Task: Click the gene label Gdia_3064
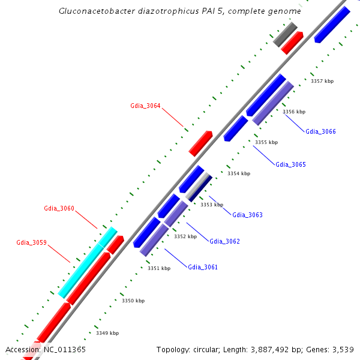tap(145, 106)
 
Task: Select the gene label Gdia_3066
tap(320, 131)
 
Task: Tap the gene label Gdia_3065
tap(290, 164)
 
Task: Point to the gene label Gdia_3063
tap(247, 215)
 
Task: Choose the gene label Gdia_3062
tap(224, 241)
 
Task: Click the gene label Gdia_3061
tap(203, 267)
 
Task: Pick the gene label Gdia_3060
tap(59, 209)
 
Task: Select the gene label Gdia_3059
tap(31, 243)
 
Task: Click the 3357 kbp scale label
tap(322, 81)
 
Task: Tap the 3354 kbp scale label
tap(239, 173)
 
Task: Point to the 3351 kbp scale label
tap(159, 268)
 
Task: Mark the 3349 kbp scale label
tap(107, 333)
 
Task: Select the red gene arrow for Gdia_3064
tap(200, 143)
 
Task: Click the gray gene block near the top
tap(285, 34)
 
